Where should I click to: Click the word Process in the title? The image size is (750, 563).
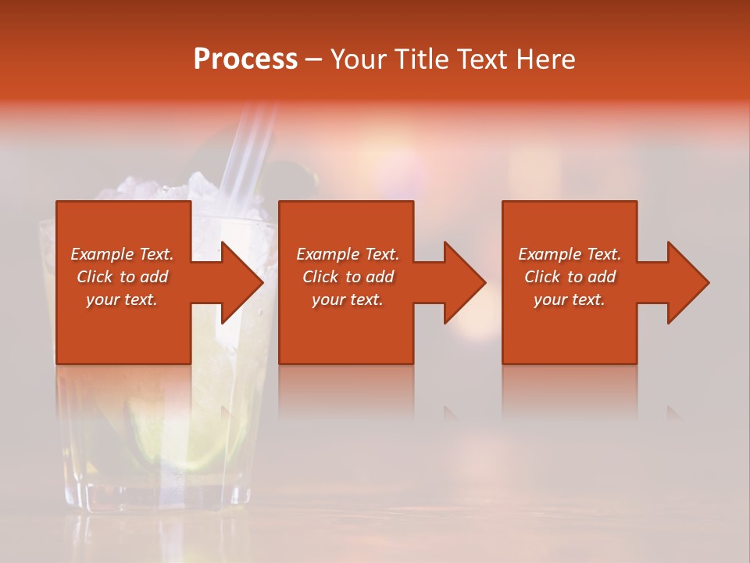(245, 59)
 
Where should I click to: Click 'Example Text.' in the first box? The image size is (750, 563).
(122, 254)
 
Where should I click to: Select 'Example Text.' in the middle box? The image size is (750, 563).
(347, 254)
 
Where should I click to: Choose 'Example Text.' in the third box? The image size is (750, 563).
(570, 254)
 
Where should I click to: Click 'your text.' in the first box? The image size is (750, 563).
(122, 299)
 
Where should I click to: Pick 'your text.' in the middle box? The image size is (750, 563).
(347, 299)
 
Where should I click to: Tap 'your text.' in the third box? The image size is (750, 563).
(570, 299)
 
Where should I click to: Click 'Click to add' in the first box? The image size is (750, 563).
(122, 277)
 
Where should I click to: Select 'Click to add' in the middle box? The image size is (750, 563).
(347, 277)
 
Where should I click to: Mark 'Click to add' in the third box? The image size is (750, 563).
(570, 277)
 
